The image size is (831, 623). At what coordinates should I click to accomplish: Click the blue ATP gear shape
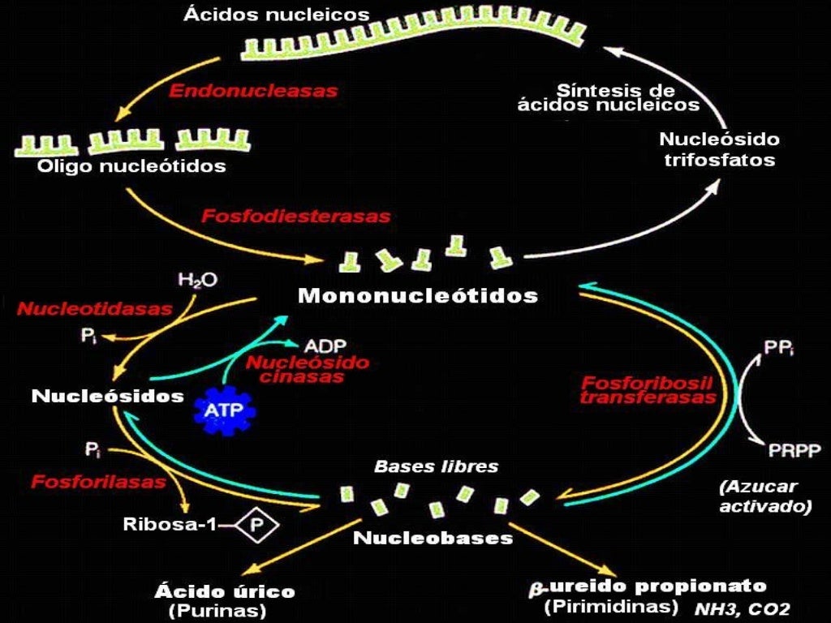225,411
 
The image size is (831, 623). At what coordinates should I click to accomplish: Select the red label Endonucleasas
252,91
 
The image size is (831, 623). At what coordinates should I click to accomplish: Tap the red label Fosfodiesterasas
295,217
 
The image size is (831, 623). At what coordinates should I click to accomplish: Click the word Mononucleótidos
418,295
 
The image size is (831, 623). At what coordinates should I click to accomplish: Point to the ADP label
325,344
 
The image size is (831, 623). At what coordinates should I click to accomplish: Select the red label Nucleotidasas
95,308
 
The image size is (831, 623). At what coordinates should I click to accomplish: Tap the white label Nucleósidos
108,397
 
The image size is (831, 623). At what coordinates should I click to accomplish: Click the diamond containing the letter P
257,525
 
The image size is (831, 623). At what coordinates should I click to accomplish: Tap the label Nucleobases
433,537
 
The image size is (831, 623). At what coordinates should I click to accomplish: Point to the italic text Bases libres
436,467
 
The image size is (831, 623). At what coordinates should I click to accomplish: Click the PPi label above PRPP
780,347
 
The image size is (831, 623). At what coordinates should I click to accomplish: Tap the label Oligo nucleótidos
131,167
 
